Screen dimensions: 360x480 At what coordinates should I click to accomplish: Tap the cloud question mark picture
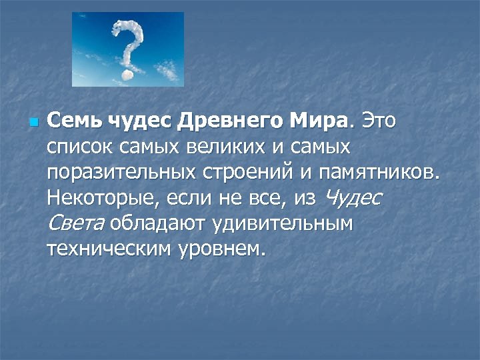[x=128, y=49]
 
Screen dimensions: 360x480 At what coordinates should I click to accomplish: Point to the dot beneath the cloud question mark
[x=126, y=77]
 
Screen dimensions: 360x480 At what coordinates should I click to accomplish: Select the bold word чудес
[x=129, y=122]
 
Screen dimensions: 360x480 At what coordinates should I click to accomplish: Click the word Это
[x=379, y=122]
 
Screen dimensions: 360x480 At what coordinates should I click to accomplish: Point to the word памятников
[x=380, y=173]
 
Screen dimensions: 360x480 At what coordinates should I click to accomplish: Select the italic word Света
[x=76, y=223]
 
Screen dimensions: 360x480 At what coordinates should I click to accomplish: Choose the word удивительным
[x=283, y=223]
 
